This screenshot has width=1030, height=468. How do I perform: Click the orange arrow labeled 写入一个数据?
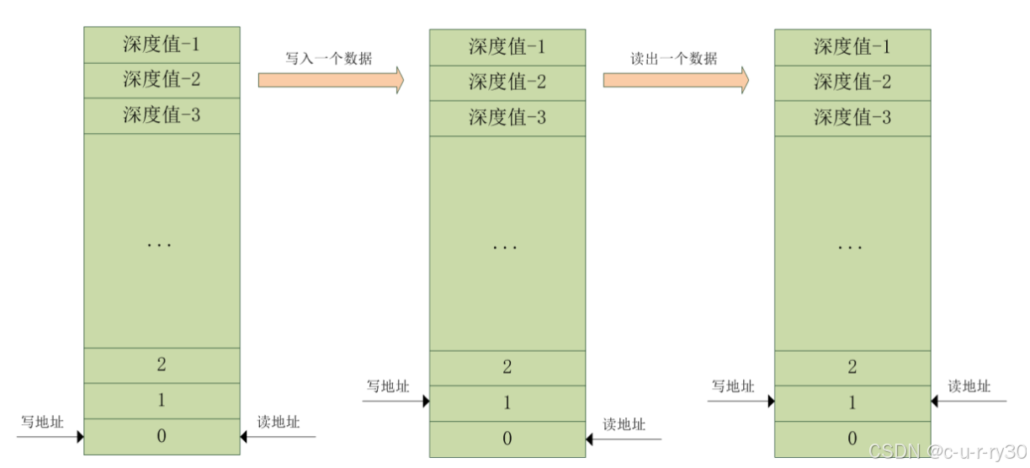click(331, 80)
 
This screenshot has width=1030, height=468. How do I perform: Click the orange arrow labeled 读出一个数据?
click(676, 80)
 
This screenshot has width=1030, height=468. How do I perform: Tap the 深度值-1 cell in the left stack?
click(162, 44)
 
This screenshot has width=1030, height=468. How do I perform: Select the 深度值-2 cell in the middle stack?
click(507, 82)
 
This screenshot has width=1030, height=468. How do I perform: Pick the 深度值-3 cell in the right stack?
click(852, 118)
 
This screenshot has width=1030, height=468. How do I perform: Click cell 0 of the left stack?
click(162, 436)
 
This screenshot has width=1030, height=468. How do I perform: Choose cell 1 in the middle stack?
click(507, 403)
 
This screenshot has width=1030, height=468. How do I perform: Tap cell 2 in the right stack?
click(852, 367)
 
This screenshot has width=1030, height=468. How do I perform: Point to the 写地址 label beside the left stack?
click(42, 422)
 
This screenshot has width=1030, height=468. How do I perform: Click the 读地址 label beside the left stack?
click(279, 422)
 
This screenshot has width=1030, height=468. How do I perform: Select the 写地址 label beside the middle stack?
click(388, 386)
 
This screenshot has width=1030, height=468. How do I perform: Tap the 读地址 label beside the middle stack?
click(624, 424)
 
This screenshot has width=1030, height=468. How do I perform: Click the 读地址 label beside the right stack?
click(969, 386)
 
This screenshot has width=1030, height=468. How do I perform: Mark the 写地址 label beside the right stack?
click(733, 386)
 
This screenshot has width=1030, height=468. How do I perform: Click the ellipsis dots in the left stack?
click(160, 245)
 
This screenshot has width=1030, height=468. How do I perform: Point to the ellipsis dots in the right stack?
click(850, 247)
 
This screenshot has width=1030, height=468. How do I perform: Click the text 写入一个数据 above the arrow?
click(329, 58)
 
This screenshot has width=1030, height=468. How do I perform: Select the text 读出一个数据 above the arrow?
click(674, 59)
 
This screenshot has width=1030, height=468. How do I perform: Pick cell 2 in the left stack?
click(162, 364)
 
